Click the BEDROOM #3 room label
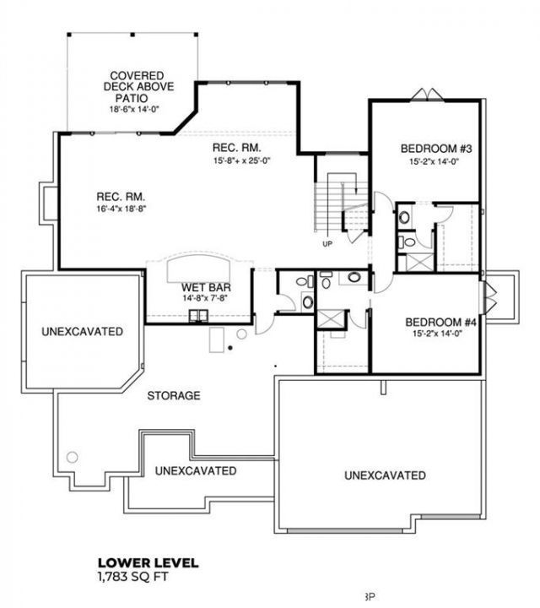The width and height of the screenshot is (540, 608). click(x=436, y=149)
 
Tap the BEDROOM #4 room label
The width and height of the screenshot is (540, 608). click(x=440, y=323)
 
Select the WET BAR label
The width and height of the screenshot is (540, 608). click(x=206, y=287)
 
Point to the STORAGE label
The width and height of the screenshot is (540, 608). click(x=174, y=395)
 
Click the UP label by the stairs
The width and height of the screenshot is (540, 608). click(x=327, y=244)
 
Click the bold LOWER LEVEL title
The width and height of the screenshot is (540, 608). click(x=148, y=562)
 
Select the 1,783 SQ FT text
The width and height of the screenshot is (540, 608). click(x=133, y=577)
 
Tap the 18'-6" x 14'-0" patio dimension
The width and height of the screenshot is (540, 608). click(x=134, y=109)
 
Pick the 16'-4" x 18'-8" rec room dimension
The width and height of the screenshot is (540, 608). click(x=121, y=209)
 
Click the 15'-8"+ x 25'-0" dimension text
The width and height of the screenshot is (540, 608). click(x=241, y=160)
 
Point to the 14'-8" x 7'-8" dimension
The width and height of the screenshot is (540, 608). click(x=205, y=298)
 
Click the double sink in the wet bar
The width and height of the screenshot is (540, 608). click(x=198, y=316)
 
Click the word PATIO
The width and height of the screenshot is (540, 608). click(x=132, y=98)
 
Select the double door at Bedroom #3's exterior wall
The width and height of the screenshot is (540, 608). click(x=427, y=95)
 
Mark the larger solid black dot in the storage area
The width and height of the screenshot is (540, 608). click(x=230, y=348)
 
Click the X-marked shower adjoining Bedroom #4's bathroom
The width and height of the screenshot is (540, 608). click(x=331, y=319)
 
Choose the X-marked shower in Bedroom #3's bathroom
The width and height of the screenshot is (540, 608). click(x=420, y=262)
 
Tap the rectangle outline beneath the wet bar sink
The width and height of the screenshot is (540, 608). click(x=217, y=340)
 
